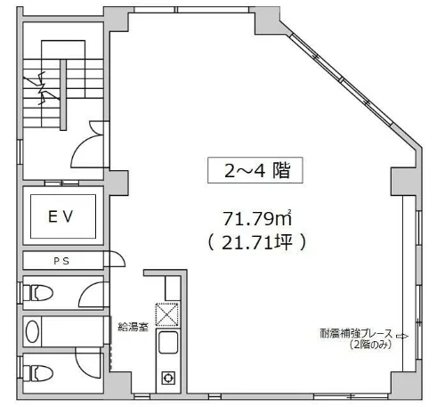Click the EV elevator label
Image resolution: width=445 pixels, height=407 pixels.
pyautogui.click(x=61, y=215)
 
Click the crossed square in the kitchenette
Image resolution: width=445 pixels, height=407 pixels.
pyautogui.click(x=166, y=314)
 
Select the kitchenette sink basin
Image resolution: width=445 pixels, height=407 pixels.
pyautogui.click(x=166, y=343)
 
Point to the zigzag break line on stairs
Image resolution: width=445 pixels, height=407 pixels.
pyautogui.click(x=42, y=92)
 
